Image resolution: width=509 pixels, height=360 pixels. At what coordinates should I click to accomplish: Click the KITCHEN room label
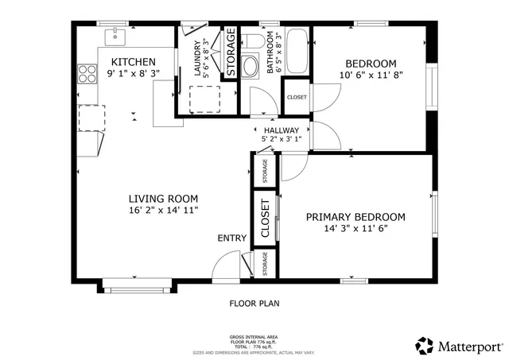click(x=133, y=62)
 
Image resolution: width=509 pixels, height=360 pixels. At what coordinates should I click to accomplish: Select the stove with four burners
click(x=86, y=75)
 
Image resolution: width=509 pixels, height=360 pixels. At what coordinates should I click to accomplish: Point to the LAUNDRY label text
click(x=197, y=58)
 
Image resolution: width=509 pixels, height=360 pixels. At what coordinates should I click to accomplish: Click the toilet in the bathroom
click(x=251, y=41)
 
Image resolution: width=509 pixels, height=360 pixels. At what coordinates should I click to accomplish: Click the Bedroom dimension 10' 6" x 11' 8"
click(x=370, y=76)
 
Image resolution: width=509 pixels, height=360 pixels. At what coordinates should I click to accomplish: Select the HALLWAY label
click(x=282, y=130)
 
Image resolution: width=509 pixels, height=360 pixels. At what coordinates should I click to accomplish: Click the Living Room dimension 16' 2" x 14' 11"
click(x=163, y=211)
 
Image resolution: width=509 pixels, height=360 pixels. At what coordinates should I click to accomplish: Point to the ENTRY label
click(x=231, y=238)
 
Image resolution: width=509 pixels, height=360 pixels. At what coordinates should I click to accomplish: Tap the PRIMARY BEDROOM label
click(x=356, y=217)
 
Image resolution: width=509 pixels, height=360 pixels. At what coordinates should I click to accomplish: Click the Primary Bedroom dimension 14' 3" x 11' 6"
click(x=356, y=229)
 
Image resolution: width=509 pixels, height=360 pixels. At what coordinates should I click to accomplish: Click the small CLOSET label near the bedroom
click(x=296, y=97)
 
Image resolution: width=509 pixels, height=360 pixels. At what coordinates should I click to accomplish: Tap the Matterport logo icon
click(x=424, y=346)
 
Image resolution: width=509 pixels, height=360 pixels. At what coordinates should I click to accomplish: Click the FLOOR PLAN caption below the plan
click(x=254, y=303)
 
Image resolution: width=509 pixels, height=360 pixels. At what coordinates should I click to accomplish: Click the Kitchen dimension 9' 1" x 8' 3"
click(x=133, y=73)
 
